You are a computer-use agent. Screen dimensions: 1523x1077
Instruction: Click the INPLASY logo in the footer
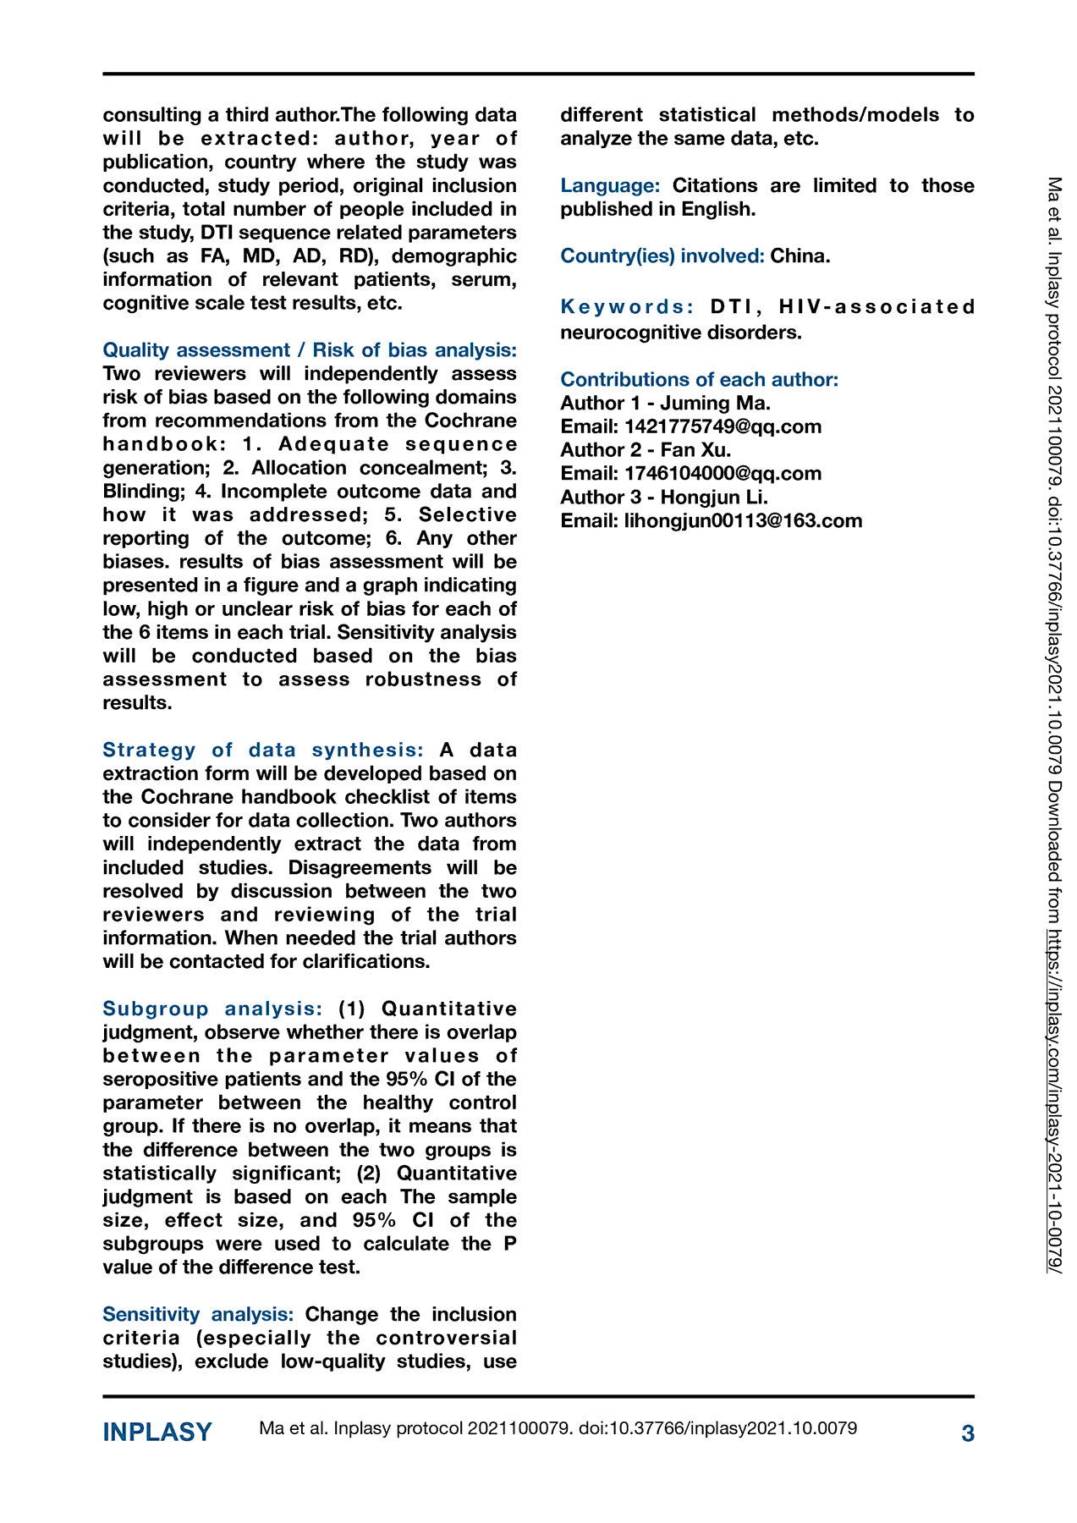pos(157,1432)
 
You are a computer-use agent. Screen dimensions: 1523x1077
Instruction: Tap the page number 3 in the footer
pos(968,1433)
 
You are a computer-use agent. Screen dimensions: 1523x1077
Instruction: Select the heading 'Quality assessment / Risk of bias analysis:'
pos(309,350)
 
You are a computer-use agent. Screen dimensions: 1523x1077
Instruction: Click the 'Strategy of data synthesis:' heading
pos(263,750)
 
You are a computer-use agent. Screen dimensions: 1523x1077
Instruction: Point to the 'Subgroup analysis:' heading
pos(212,1009)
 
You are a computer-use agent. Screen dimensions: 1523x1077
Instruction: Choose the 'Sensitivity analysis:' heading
pos(198,1314)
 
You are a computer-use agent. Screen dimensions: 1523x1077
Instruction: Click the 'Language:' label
pos(610,185)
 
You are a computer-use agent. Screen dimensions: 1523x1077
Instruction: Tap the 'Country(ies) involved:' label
pos(662,256)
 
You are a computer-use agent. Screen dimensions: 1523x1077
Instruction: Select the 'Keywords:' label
pos(627,306)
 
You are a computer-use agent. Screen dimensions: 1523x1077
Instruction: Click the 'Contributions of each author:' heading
pos(699,379)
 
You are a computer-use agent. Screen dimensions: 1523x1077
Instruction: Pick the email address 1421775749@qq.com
pos(723,426)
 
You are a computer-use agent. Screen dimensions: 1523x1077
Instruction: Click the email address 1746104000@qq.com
pos(723,474)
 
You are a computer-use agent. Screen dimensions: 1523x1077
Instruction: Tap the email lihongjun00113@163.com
pos(743,520)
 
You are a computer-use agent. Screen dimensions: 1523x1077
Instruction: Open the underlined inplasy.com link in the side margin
pos(1054,1100)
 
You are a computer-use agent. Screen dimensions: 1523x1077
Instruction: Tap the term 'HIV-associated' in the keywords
pos(877,306)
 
